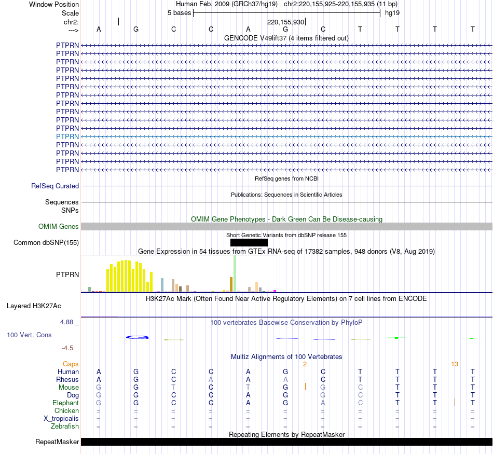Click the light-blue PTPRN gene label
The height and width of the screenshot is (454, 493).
tap(67, 136)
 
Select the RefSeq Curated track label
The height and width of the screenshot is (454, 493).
tap(55, 186)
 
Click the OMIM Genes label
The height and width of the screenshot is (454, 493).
tap(59, 226)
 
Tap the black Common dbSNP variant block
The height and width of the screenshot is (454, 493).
tap(249, 242)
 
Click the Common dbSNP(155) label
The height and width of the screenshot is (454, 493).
tap(46, 242)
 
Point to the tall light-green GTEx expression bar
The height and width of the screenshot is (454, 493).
tap(235, 273)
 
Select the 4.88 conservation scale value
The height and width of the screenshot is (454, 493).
tap(69, 322)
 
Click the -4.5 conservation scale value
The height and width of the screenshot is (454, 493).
tap(71, 348)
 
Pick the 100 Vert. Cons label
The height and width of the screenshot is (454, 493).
tap(29, 335)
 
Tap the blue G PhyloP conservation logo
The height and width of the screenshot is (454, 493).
tap(138, 337)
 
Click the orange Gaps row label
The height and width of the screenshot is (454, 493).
tap(71, 364)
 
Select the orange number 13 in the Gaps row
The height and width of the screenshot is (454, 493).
tap(455, 364)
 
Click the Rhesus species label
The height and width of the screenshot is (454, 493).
tap(67, 379)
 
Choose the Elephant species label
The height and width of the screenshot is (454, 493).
tap(65, 403)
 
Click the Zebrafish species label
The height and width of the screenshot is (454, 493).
tap(65, 426)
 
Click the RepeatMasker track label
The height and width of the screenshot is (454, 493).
tap(57, 442)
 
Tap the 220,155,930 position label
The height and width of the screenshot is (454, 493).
tap(285, 22)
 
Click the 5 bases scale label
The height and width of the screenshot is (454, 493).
tap(179, 12)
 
